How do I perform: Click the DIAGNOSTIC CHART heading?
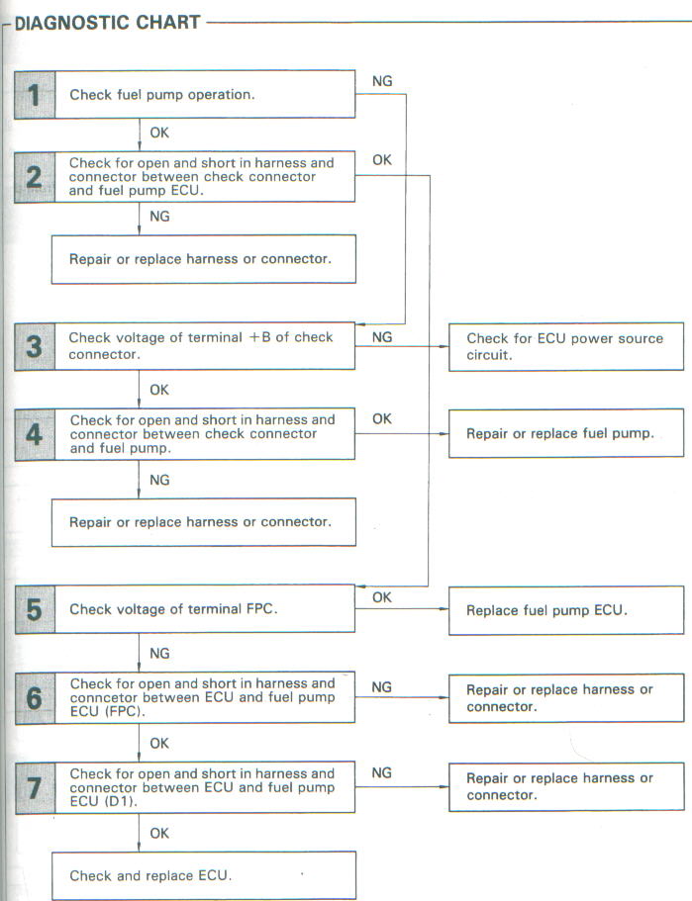(107, 23)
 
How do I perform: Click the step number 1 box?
(35, 95)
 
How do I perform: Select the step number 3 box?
(35, 346)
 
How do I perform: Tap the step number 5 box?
(35, 609)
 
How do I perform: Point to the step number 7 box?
(35, 787)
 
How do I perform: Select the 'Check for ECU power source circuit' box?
(566, 346)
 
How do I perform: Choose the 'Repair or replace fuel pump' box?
(566, 433)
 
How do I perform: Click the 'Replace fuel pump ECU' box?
(566, 610)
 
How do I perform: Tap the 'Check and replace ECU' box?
(204, 875)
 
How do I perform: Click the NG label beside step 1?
(382, 81)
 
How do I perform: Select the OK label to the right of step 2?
(382, 160)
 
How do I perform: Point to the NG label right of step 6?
(381, 687)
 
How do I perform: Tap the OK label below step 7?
(159, 833)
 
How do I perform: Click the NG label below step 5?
(159, 654)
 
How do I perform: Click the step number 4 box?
(35, 434)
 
